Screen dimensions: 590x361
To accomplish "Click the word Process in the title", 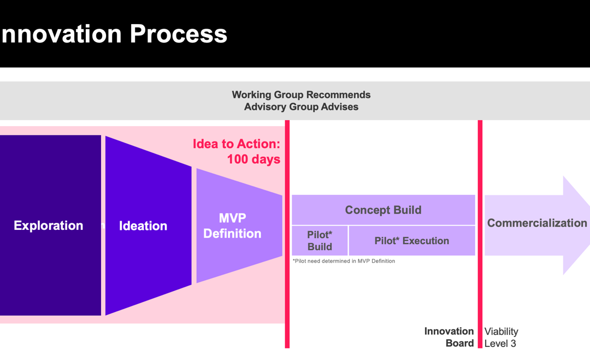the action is [x=178, y=34].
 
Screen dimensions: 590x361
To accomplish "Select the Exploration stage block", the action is [x=50, y=225].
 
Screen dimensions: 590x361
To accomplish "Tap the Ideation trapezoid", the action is [x=148, y=226].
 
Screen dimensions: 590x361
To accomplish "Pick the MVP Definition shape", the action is [x=239, y=226].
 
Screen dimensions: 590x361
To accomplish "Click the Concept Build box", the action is [x=383, y=210].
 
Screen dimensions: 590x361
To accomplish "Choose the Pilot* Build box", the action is [x=320, y=241].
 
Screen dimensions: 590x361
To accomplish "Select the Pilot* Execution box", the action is [x=412, y=241].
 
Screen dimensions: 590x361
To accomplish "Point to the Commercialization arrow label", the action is [x=537, y=223].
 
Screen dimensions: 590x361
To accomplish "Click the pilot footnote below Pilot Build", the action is [x=344, y=261].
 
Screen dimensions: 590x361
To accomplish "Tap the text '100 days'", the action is [x=253, y=159].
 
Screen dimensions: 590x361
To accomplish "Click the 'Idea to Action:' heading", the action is [x=237, y=144].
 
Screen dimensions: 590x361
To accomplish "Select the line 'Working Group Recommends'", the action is [x=301, y=95].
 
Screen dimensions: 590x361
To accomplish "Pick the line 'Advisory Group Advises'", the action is [x=301, y=107].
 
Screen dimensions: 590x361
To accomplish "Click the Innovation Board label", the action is [x=449, y=337].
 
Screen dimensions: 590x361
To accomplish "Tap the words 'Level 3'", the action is [x=500, y=344].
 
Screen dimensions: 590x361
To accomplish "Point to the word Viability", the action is [x=501, y=332].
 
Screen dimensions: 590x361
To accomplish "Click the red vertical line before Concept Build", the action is [x=287, y=234].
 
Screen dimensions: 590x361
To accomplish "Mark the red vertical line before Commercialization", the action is [x=480, y=234].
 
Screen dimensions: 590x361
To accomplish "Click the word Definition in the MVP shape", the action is [x=232, y=234].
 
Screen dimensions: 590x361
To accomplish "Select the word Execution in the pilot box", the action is [x=426, y=241].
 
